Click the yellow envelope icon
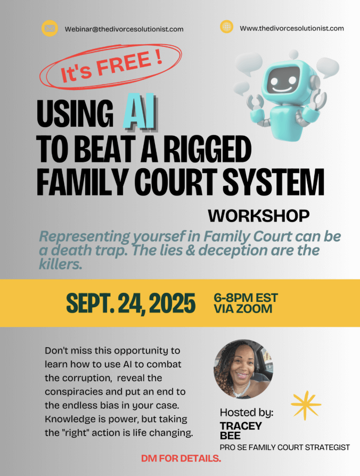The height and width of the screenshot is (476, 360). point(50,29)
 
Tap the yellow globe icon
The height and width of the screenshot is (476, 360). point(226,27)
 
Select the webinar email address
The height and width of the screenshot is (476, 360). point(124,29)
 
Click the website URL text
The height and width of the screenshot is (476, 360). point(292,28)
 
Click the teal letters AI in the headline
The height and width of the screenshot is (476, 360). point(140,112)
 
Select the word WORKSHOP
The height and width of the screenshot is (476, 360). point(259,216)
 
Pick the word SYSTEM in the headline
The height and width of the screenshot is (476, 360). point(274,182)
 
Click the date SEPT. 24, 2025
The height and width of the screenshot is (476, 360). point(131,303)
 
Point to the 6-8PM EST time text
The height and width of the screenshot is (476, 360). point(246,298)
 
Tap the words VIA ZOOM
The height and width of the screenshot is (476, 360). point(243,309)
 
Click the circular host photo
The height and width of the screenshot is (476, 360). point(243,369)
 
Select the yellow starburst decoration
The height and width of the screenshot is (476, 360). point(306,405)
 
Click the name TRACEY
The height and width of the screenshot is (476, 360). point(241,426)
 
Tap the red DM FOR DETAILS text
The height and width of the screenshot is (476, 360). point(181,458)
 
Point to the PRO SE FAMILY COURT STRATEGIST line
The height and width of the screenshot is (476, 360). point(285,447)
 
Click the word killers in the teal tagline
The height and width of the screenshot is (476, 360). point(61,265)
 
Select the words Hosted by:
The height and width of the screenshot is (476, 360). point(247,413)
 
